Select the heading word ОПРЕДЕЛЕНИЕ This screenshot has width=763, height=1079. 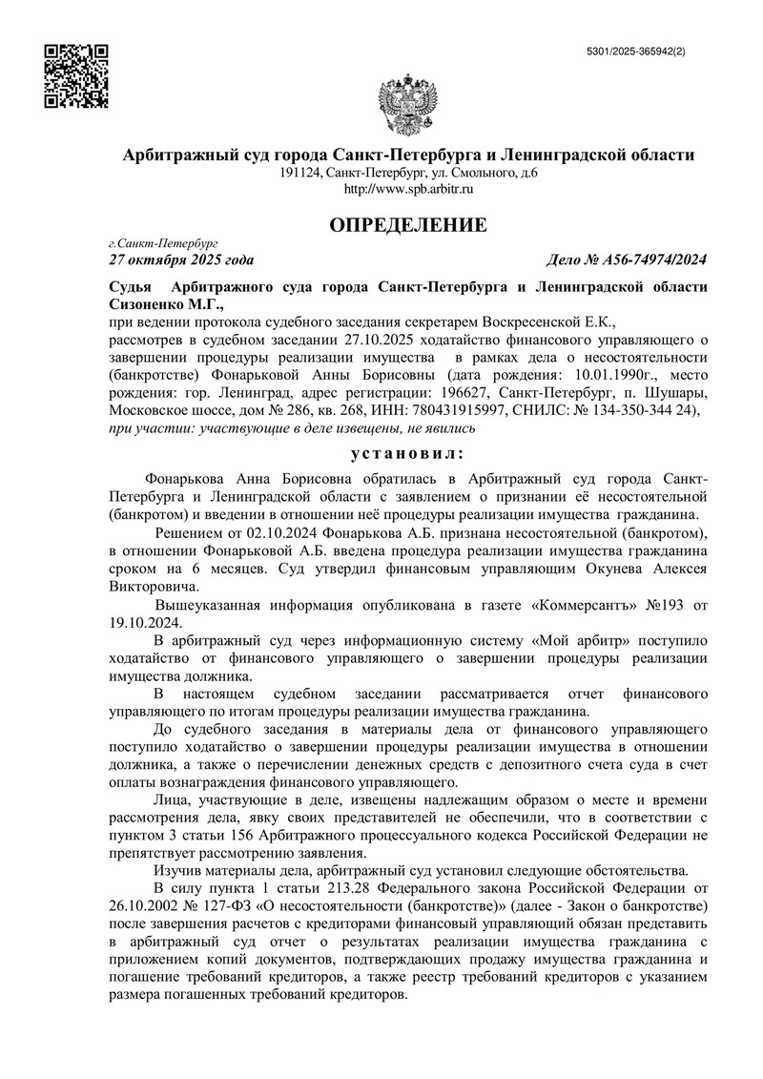(407, 226)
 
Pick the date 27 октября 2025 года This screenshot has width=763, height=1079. (181, 259)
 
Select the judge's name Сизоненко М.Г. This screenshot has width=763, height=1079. (165, 303)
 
